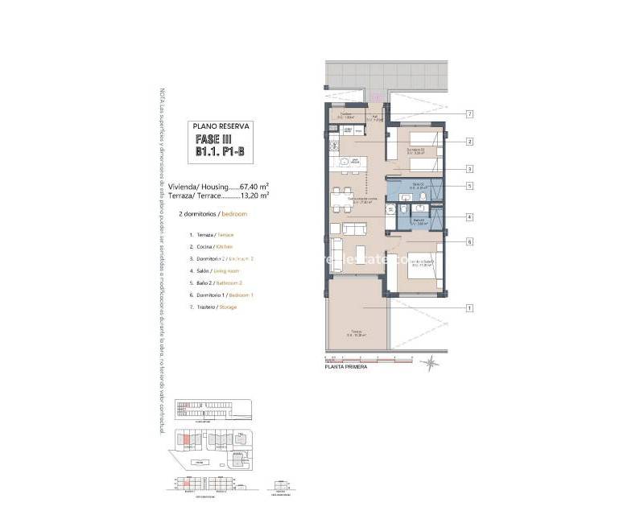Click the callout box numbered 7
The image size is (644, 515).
pyautogui.click(x=468, y=114)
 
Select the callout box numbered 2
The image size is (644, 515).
pyautogui.click(x=468, y=142)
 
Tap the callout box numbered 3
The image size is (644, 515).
pyautogui.click(x=468, y=169)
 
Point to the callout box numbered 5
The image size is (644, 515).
pyautogui.click(x=468, y=187)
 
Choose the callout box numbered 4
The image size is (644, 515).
pyautogui.click(x=468, y=216)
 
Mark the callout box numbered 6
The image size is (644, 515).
pyautogui.click(x=468, y=241)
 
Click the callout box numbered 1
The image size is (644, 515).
pyautogui.click(x=468, y=307)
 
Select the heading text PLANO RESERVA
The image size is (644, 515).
pyautogui.click(x=221, y=126)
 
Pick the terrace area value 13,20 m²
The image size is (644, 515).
pyautogui.click(x=254, y=195)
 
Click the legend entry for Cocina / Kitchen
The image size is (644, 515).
pyautogui.click(x=211, y=246)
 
